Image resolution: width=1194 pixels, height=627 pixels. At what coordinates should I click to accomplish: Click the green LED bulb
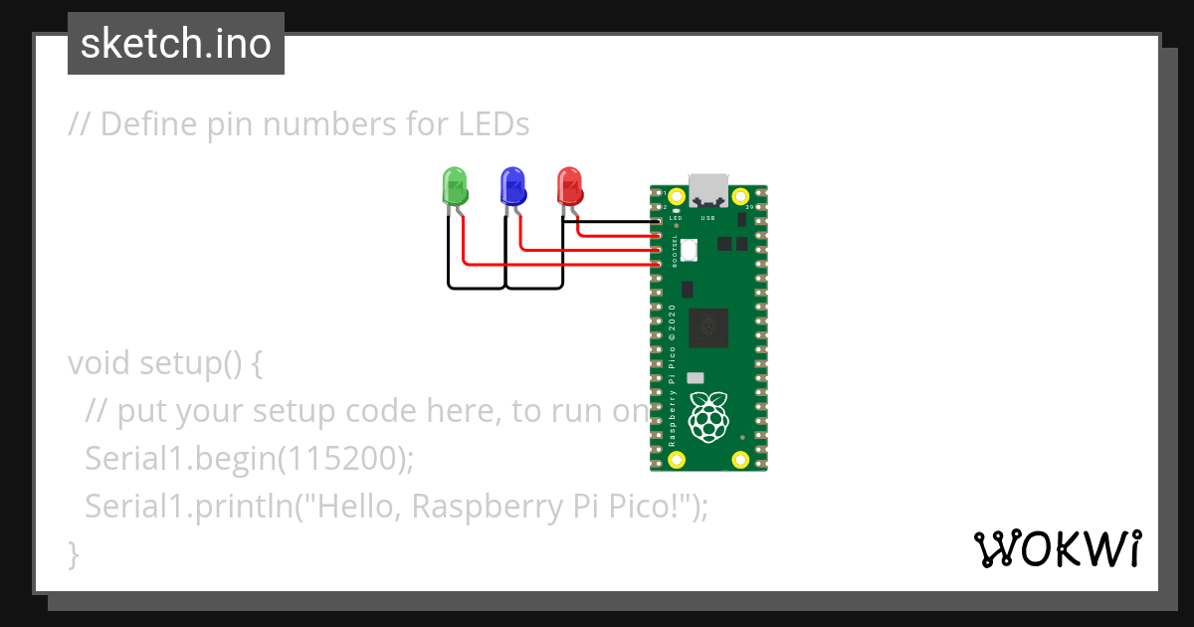(455, 184)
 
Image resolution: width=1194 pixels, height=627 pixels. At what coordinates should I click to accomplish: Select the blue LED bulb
(512, 184)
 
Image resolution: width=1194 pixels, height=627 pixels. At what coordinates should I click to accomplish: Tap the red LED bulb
(569, 184)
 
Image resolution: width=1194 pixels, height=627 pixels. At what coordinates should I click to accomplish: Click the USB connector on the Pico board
(708, 189)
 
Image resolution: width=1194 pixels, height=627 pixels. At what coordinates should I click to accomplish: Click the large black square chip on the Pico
(708, 327)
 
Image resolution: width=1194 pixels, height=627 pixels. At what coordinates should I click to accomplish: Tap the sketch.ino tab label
(176, 44)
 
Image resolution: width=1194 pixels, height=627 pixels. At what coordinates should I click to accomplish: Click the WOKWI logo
(1057, 548)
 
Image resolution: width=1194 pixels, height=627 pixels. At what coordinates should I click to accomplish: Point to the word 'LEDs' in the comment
(494, 124)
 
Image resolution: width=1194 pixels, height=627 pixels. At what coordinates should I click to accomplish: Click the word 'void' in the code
(99, 363)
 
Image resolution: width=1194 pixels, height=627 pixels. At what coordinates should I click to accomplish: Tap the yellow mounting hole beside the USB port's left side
(678, 196)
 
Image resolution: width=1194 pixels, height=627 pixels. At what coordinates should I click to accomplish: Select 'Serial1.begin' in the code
(175, 459)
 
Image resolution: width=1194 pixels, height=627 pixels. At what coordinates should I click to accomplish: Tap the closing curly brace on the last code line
(73, 553)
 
